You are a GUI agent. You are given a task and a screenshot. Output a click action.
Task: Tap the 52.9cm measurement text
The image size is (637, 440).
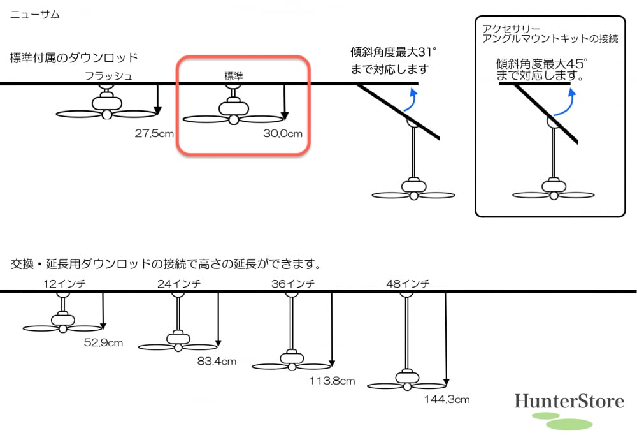point(103,342)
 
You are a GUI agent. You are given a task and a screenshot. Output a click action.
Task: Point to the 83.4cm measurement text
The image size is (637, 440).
point(217,362)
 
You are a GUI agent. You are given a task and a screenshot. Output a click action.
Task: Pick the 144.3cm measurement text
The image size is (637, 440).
point(447,400)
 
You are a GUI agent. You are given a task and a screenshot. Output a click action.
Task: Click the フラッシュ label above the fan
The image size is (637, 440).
point(109,77)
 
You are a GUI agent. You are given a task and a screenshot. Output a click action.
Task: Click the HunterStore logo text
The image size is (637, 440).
point(569,401)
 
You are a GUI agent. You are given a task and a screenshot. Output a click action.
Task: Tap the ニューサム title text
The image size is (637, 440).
point(34,14)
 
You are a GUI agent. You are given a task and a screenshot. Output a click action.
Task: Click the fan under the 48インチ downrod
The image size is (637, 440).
point(406,381)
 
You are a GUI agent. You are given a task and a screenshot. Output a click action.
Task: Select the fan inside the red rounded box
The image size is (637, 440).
point(233,113)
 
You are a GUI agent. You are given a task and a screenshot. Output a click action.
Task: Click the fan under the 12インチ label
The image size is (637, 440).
point(62,323)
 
